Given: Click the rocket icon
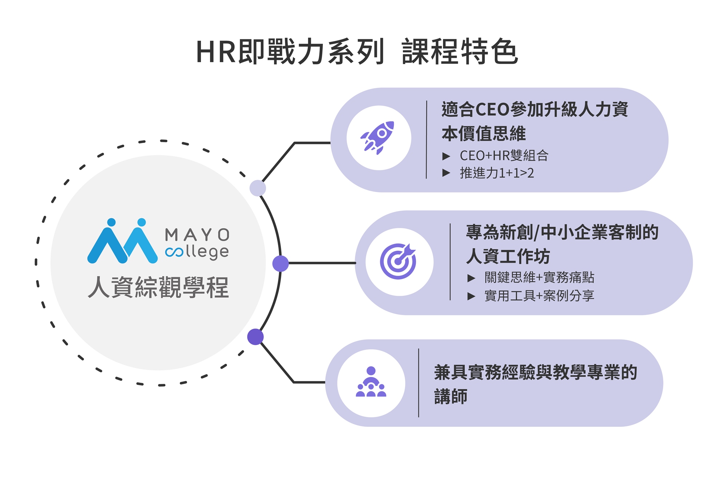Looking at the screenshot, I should [378, 138].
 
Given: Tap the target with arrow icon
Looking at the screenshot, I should [398, 261].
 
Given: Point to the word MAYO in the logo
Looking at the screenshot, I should [197, 235].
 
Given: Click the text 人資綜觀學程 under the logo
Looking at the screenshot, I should [158, 287].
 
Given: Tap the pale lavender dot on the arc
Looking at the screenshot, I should [258, 188].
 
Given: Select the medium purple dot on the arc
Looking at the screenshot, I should [280, 263].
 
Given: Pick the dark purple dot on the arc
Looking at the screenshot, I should [256, 337].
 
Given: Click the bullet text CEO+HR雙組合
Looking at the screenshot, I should [504, 156].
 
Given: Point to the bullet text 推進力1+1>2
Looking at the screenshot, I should [496, 173].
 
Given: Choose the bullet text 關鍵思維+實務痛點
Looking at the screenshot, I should [539, 278].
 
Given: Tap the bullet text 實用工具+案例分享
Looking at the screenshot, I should [539, 296].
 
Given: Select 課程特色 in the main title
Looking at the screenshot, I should [459, 52].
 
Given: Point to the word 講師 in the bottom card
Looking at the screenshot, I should [451, 396].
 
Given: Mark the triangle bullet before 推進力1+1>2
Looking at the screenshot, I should [446, 173].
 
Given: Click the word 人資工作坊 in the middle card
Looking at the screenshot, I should [508, 257].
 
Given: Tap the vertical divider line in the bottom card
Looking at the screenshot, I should [419, 383].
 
